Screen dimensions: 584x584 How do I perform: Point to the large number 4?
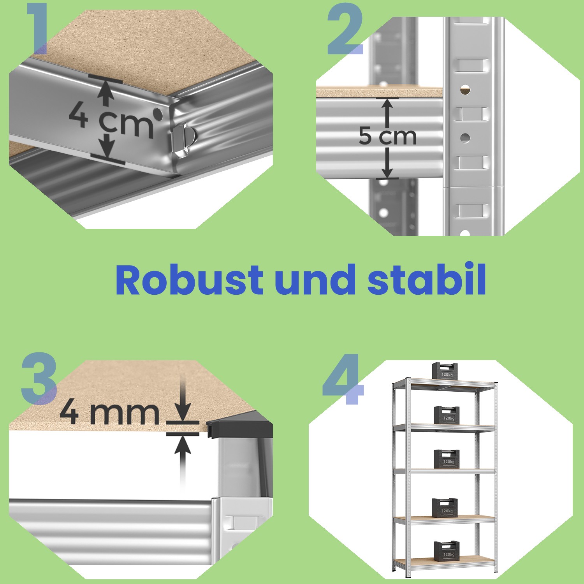click(343, 378)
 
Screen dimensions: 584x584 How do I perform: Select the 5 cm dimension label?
click(388, 136)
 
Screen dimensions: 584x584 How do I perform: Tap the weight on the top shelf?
click(446, 370)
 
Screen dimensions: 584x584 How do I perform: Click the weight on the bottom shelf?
click(447, 550)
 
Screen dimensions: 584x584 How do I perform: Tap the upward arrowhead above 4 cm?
click(104, 91)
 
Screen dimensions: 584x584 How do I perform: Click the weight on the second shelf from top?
click(447, 415)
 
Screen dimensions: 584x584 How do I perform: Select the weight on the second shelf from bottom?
click(445, 508)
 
